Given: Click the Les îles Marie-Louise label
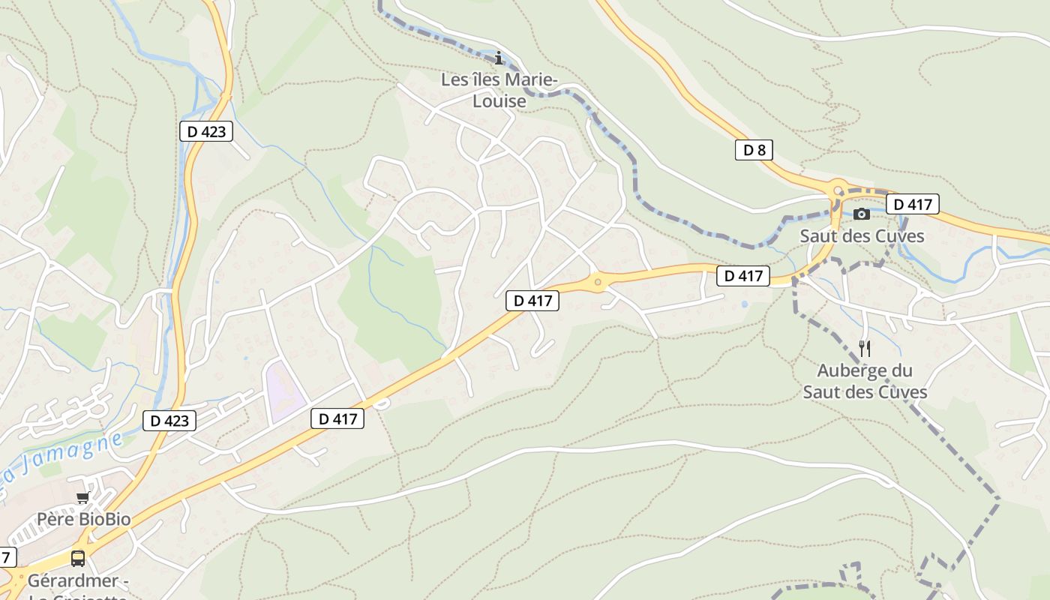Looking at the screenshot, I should click(494, 89).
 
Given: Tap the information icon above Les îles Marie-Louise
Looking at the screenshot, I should click(499, 58).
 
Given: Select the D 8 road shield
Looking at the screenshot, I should click(753, 150).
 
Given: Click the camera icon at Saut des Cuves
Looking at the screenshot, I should click(862, 214).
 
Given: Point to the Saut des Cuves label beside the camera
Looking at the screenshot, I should click(862, 235).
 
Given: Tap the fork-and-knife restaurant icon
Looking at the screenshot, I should click(865, 348).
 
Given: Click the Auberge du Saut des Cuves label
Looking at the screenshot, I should click(865, 381).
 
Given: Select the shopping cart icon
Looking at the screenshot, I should click(82, 498).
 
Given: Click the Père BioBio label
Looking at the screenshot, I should click(84, 519).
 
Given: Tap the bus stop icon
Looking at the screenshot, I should click(78, 558).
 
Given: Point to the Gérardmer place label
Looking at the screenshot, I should click(73, 581).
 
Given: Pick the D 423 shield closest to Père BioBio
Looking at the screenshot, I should click(169, 420).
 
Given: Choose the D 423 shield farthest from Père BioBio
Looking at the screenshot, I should click(206, 131).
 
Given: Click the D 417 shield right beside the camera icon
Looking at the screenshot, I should click(912, 204).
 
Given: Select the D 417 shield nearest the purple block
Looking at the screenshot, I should click(337, 418).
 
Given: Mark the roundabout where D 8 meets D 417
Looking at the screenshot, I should click(837, 188).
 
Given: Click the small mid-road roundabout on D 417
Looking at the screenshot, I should click(598, 283).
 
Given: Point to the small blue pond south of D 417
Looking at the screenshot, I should click(743, 304).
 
